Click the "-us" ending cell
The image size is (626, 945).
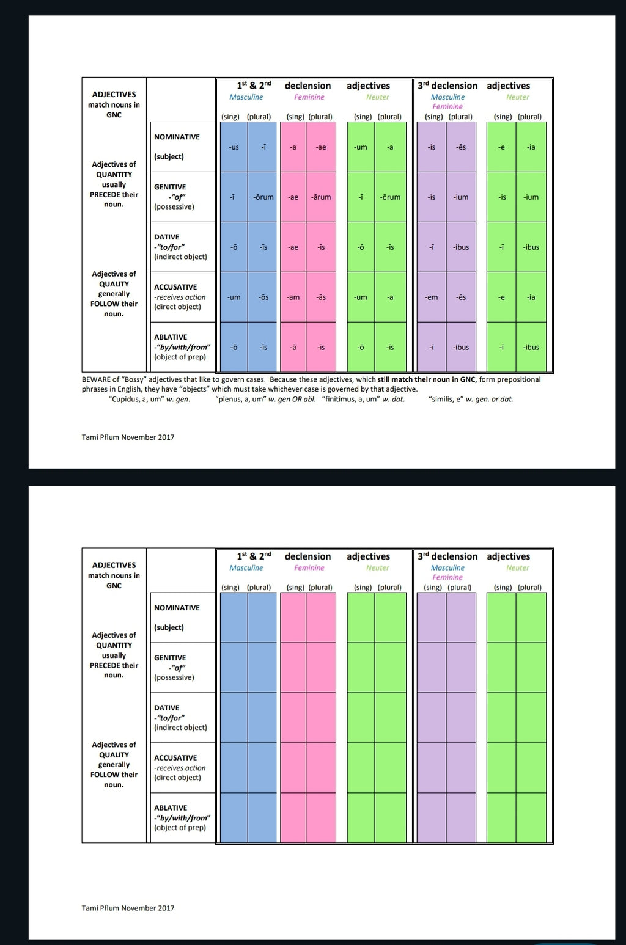[x=234, y=147]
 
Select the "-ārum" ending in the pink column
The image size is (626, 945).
[x=321, y=197]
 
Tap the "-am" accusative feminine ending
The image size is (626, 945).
[x=293, y=297]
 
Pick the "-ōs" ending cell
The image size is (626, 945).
[x=263, y=297]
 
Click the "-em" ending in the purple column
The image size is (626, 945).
[x=432, y=297]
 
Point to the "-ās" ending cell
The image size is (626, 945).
[x=321, y=297]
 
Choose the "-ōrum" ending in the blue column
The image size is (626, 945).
[x=263, y=197]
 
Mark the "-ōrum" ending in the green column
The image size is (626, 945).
[x=390, y=197]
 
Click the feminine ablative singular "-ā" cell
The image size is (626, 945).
[x=293, y=348]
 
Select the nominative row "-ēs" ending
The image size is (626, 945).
[x=461, y=147]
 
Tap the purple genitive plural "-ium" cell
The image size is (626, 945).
[x=461, y=197]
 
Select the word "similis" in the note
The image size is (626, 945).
[x=443, y=400]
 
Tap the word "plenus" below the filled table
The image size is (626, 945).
[x=230, y=400]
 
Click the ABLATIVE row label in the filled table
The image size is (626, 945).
[x=171, y=337]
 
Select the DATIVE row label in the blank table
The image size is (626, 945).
[x=166, y=708]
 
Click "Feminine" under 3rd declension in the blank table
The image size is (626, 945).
[x=447, y=577]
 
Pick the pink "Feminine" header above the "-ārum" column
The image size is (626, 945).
[x=309, y=97]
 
